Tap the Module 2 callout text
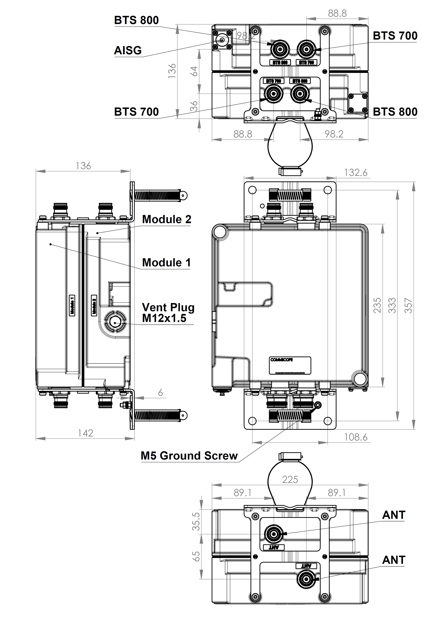click(x=166, y=219)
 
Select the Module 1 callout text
click(x=166, y=263)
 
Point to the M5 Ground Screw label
click(x=189, y=456)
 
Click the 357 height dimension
click(x=408, y=306)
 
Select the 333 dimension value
click(x=392, y=306)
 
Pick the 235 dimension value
click(x=377, y=306)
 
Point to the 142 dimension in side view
click(x=85, y=433)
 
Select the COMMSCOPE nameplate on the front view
click(x=290, y=366)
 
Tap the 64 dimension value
click(x=194, y=71)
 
